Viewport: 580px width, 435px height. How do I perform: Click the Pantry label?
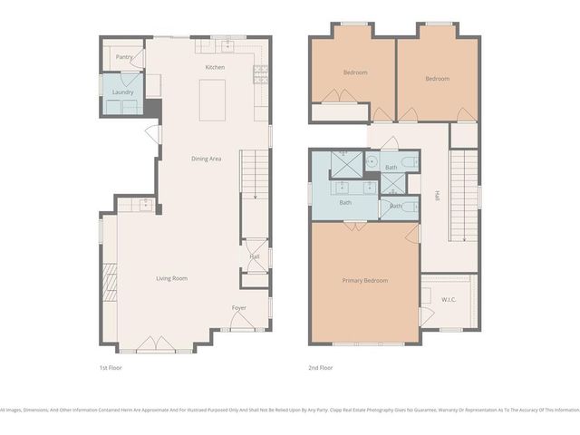[x=124, y=57]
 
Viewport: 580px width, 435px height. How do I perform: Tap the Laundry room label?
[x=123, y=92]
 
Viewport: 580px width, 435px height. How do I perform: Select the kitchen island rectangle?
[x=214, y=98]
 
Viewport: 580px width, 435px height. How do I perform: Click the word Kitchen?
[x=215, y=68]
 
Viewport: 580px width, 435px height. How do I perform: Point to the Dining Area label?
[x=206, y=159]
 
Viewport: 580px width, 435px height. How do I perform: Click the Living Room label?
[x=171, y=278]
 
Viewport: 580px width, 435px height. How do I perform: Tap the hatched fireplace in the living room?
[x=111, y=281]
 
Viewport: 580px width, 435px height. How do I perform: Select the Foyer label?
[x=239, y=308]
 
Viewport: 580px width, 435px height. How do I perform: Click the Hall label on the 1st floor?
[x=255, y=256]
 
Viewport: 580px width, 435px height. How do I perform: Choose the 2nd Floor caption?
[x=321, y=368]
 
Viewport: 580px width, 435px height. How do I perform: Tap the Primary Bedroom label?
[x=364, y=281]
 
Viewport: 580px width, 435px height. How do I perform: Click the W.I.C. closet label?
[x=449, y=299]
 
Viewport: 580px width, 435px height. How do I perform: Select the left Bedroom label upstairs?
[x=354, y=72]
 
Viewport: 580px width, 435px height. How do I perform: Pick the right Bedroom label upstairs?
[x=437, y=79]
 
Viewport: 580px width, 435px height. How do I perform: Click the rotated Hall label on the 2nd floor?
[x=438, y=194]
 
